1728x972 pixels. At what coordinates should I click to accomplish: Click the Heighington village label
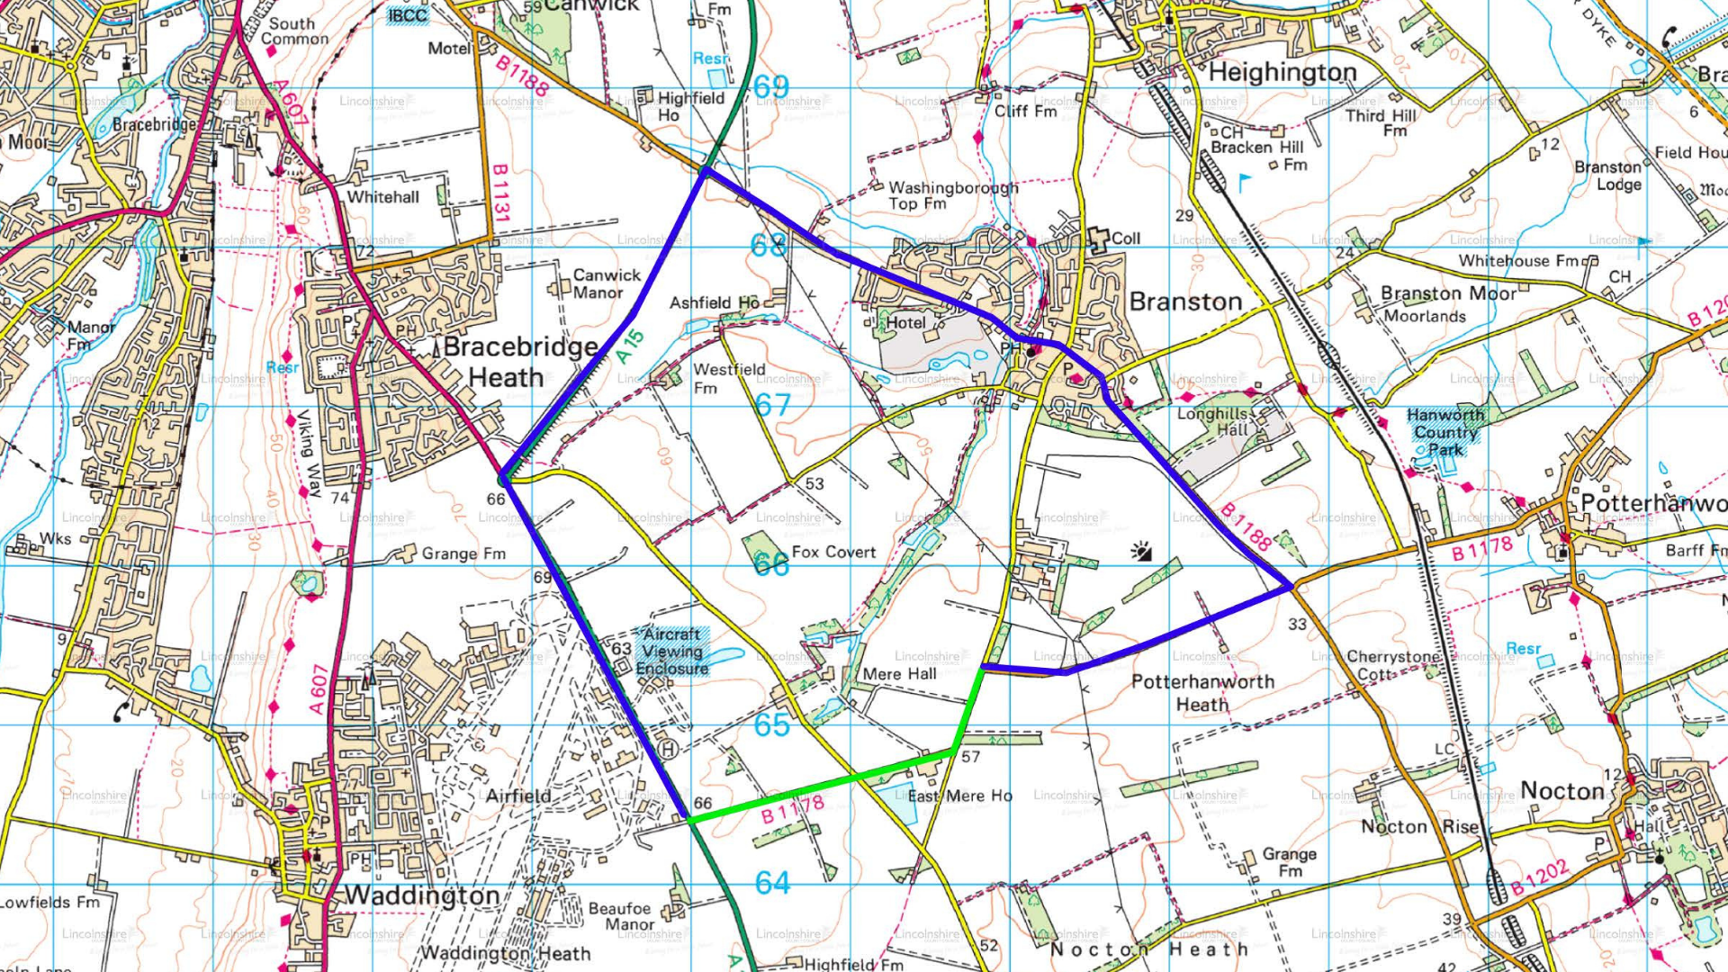tap(1282, 72)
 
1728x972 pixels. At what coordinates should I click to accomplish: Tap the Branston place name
tap(1185, 301)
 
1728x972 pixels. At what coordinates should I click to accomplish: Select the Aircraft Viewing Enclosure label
tap(672, 651)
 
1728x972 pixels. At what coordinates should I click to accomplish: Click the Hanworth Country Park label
tap(1445, 432)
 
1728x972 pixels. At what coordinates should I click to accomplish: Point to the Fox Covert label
tap(833, 552)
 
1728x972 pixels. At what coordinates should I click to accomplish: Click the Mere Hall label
tap(899, 674)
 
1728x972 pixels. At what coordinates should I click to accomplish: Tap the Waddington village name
tap(422, 895)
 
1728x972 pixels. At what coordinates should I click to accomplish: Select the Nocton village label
tap(1562, 791)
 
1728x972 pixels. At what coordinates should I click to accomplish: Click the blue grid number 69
tap(771, 86)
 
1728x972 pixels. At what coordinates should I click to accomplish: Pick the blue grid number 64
tap(772, 883)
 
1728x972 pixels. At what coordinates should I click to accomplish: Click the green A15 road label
tap(631, 346)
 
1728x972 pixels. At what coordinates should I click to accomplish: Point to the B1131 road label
tap(501, 193)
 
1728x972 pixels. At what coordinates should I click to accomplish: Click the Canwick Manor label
tap(607, 283)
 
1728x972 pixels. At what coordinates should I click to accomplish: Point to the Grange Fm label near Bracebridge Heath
tap(463, 553)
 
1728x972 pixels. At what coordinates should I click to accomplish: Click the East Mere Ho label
tap(959, 796)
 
